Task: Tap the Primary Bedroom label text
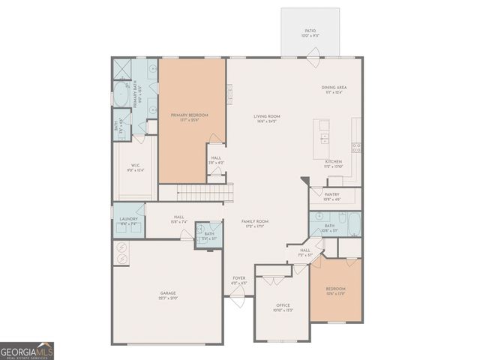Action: pyautogui.click(x=189, y=117)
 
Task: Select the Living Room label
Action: pyautogui.click(x=266, y=118)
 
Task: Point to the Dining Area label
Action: pyautogui.click(x=334, y=90)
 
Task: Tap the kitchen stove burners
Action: pyautogui.click(x=355, y=146)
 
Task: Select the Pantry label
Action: pyautogui.click(x=331, y=196)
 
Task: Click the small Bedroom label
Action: pyautogui.click(x=335, y=290)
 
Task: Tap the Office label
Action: pyautogui.click(x=283, y=307)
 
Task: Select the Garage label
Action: pyautogui.click(x=167, y=295)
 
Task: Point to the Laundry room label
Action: pyautogui.click(x=128, y=221)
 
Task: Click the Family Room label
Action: pyautogui.click(x=255, y=223)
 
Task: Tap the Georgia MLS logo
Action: pyautogui.click(x=27, y=351)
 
